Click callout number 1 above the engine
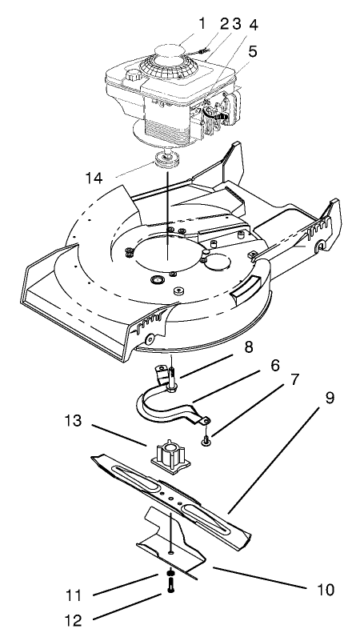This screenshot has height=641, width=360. tap(180, 22)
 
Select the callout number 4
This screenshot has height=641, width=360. tap(233, 22)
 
